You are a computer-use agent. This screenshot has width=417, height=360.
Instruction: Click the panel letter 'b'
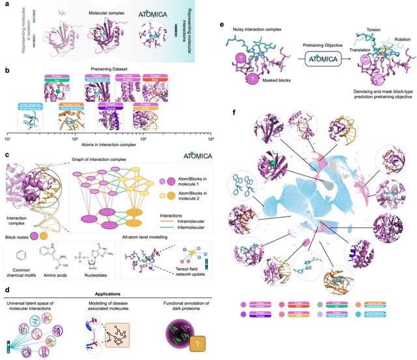click(x=6, y=68)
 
